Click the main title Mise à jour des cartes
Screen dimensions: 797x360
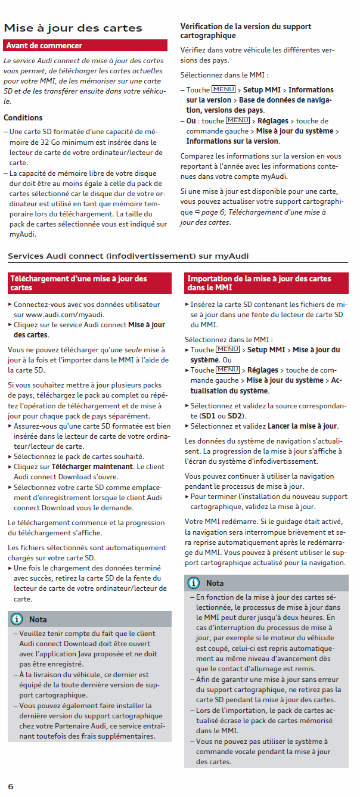(73, 28)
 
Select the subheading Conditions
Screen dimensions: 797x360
(23, 118)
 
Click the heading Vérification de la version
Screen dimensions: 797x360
(246, 31)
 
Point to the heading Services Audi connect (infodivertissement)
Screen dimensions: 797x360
(128, 256)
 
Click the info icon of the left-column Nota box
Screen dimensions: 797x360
(17, 619)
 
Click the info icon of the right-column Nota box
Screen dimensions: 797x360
(194, 583)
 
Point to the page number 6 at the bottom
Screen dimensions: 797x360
(11, 786)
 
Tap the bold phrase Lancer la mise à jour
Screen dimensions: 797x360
(302, 426)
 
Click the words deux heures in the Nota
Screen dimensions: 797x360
(312, 618)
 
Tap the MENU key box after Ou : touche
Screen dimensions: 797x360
(237, 120)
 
